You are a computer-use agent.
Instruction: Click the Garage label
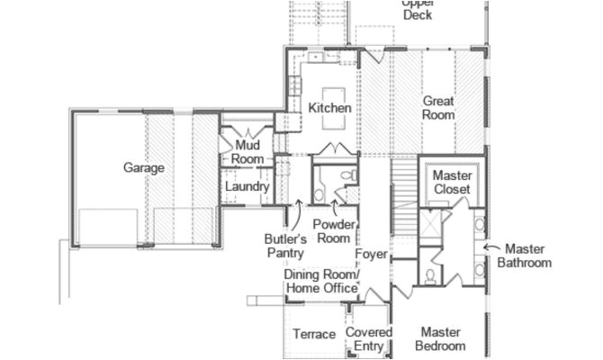pos(144,168)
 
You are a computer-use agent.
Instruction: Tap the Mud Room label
pos(248,152)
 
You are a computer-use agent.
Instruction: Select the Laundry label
pos(247,186)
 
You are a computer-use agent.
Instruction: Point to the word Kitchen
pos(329,108)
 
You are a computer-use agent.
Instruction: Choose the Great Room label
pos(438,108)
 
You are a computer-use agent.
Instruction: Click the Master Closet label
pos(453,183)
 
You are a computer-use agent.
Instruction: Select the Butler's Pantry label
pos(286,247)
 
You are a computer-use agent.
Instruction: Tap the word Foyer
pos(371,255)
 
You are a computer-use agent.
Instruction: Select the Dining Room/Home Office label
pos(321,281)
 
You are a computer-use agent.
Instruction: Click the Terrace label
pos(314,335)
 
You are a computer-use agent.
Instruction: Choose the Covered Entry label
pos(370,339)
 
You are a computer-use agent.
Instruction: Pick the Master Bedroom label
pos(441,339)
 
